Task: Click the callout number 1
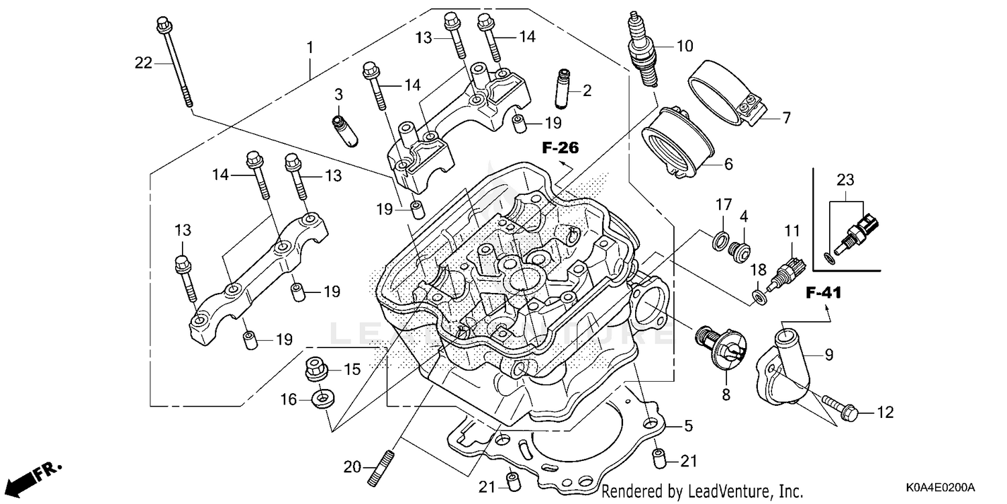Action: click(x=309, y=48)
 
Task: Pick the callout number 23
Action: click(x=846, y=180)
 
